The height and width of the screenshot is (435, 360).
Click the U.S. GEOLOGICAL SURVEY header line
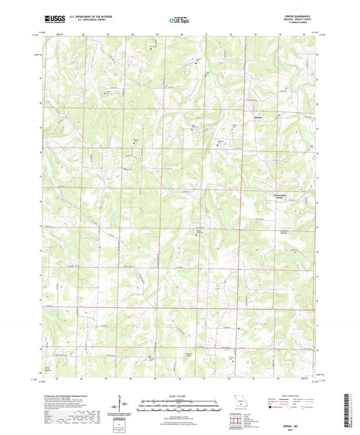[83, 21]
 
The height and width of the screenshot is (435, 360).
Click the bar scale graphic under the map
[179, 407]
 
